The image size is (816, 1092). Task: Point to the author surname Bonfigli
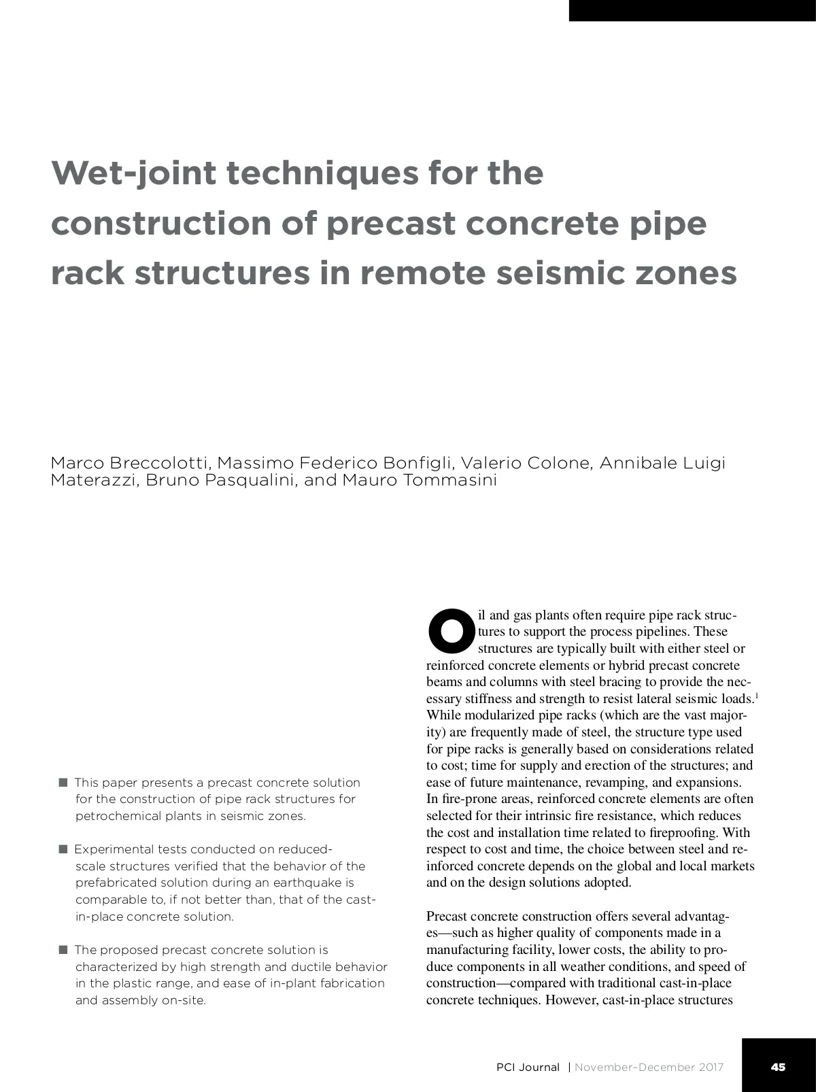point(418,463)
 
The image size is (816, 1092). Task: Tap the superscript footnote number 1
point(757,696)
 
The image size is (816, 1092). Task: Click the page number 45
point(779,1067)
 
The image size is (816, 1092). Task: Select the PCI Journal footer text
point(528,1068)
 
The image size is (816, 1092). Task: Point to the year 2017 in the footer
point(710,1068)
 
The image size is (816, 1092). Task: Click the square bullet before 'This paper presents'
point(63,783)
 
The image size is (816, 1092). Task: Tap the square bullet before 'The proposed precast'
point(63,950)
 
